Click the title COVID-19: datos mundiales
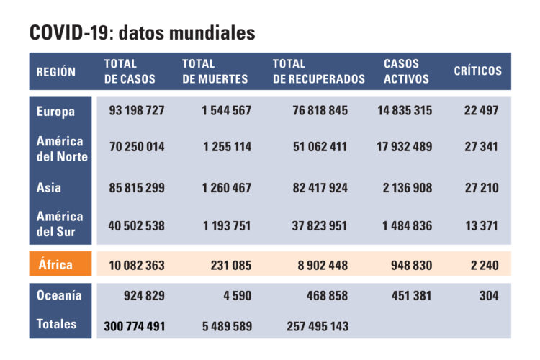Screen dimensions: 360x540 pyautogui.click(x=142, y=33)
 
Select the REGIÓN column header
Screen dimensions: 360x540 pyautogui.click(x=56, y=71)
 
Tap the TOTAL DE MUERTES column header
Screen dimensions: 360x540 pyautogui.click(x=215, y=71)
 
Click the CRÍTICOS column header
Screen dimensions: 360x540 pyautogui.click(x=477, y=71)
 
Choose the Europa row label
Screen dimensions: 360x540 pyautogui.click(x=55, y=111)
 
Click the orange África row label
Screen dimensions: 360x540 pyautogui.click(x=55, y=264)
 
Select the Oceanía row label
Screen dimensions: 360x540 pyautogui.click(x=59, y=295)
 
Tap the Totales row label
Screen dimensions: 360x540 pyautogui.click(x=56, y=324)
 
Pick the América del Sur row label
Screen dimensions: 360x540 pyautogui.click(x=60, y=224)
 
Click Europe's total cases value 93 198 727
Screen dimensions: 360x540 pyautogui.click(x=137, y=111)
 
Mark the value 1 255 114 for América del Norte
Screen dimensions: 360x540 pyautogui.click(x=227, y=147)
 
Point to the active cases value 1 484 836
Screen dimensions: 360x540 pyautogui.click(x=405, y=226)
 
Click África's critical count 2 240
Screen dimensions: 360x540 pyautogui.click(x=484, y=265)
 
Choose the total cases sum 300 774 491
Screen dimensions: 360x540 pyautogui.click(x=135, y=326)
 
